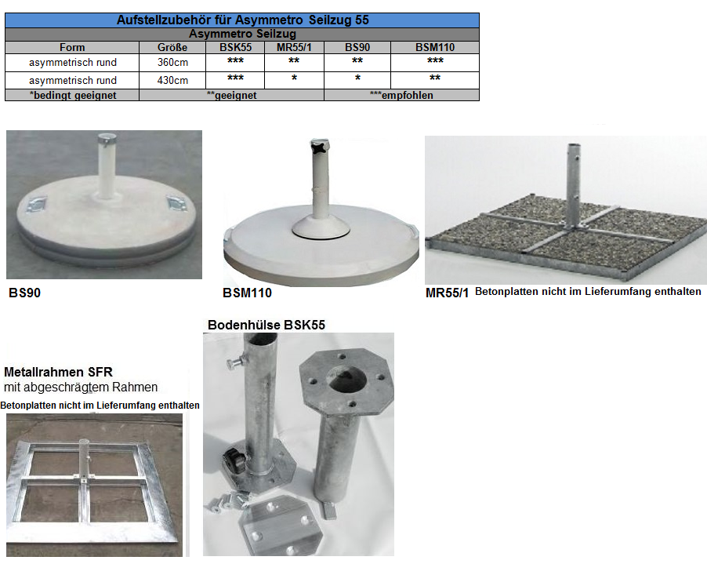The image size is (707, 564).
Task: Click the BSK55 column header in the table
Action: coord(235,47)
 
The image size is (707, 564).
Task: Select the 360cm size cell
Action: coord(172,62)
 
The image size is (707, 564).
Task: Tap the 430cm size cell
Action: coord(172,80)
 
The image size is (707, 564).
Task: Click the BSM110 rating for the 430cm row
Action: coord(435,78)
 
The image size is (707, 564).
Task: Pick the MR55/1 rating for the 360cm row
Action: coord(294,60)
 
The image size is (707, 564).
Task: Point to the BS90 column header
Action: coord(357,47)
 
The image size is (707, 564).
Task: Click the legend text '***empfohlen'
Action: coord(401,95)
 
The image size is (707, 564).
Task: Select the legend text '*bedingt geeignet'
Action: coord(73,95)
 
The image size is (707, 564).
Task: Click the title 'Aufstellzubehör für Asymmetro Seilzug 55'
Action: coord(242,20)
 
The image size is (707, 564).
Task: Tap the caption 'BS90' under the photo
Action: coord(25,293)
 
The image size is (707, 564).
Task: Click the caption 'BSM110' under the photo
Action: coord(247,293)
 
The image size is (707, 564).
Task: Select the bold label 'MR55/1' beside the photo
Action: coord(447,293)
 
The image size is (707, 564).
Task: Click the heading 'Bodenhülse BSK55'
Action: coord(266,325)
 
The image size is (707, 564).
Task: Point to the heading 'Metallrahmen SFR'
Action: coord(58,373)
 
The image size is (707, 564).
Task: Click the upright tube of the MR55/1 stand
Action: coord(574,185)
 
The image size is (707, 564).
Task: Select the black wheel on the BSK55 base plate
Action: coord(234,460)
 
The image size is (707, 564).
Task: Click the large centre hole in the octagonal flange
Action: coord(346,379)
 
